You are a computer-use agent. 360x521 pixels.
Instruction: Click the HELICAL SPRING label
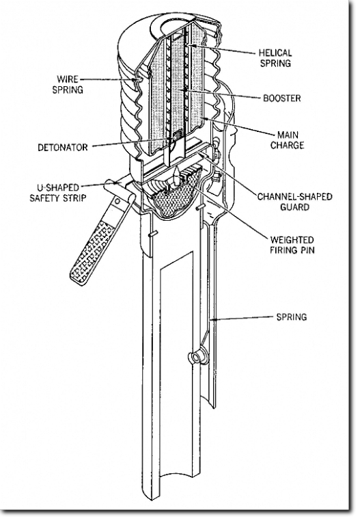(275, 58)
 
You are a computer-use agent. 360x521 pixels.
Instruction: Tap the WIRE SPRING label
(68, 84)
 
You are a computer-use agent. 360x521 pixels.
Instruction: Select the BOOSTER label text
(282, 98)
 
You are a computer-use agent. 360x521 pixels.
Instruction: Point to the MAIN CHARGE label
(288, 140)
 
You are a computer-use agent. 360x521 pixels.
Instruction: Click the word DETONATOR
(63, 147)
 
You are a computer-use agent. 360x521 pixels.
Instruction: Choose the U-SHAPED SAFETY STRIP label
(58, 193)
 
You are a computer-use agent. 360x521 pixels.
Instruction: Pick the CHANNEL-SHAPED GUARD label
(295, 202)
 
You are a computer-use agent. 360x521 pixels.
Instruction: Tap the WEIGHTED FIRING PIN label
(292, 245)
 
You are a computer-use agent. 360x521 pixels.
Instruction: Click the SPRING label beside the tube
(292, 317)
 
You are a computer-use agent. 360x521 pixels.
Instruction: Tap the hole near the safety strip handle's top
(117, 201)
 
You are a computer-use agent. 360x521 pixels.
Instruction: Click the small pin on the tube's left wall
(152, 235)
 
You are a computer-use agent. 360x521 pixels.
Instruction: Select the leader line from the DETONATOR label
(133, 142)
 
